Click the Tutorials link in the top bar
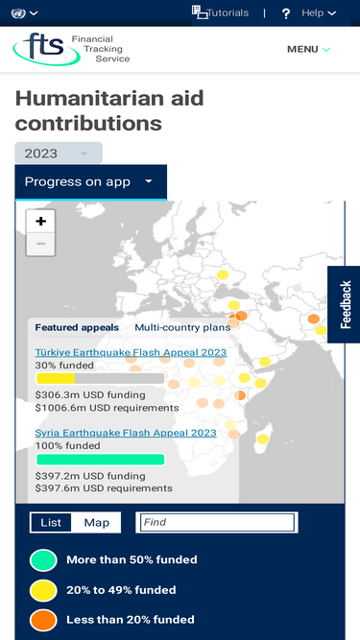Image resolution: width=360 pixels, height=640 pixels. click(x=220, y=13)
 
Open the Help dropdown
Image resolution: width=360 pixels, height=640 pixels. click(x=309, y=13)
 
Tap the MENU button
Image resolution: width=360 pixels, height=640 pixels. click(x=308, y=49)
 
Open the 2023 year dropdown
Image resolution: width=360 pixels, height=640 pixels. click(x=59, y=154)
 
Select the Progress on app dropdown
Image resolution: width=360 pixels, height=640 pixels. click(x=90, y=182)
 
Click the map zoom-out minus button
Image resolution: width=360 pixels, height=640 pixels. click(x=41, y=244)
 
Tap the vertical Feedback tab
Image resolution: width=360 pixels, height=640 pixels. click(x=345, y=304)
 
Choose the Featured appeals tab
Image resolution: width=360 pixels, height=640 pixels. click(x=77, y=327)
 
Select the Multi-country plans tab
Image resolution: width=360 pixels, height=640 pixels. click(x=182, y=327)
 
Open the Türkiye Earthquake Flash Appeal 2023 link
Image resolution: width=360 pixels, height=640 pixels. click(x=131, y=352)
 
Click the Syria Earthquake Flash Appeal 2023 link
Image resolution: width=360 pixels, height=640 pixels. click(x=126, y=433)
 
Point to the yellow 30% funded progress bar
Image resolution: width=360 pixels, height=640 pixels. click(x=56, y=378)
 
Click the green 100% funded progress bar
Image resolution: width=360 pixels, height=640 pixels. click(x=101, y=460)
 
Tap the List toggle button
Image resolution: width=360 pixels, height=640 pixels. click(x=51, y=522)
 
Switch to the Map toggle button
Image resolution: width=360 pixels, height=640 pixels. click(x=96, y=522)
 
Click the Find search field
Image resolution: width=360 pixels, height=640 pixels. click(x=217, y=522)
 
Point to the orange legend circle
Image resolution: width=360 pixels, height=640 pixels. click(x=43, y=621)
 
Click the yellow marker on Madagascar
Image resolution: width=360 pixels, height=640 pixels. click(x=263, y=439)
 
